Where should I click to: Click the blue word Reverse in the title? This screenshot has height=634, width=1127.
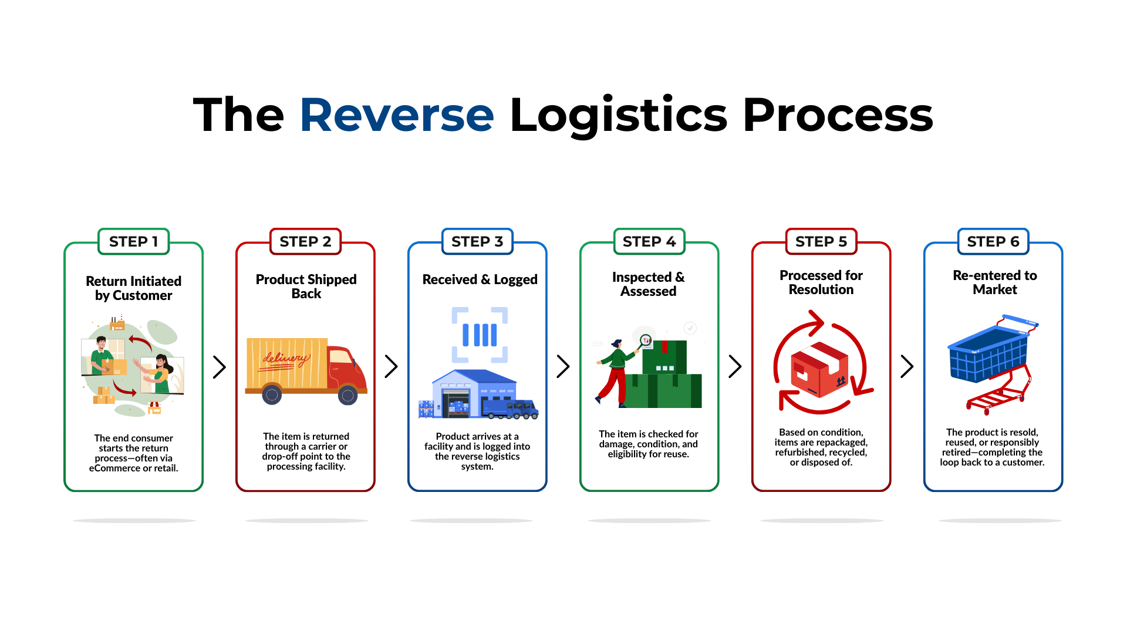pyautogui.click(x=397, y=115)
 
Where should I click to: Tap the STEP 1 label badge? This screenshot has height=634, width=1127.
pyautogui.click(x=134, y=241)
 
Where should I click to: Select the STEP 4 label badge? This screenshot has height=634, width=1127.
pyautogui.click(x=649, y=241)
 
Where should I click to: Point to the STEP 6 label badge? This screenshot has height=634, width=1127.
pyautogui.click(x=993, y=241)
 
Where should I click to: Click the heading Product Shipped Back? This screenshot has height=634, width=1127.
pyautogui.click(x=306, y=286)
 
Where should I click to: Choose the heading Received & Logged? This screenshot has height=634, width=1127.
pyautogui.click(x=480, y=279)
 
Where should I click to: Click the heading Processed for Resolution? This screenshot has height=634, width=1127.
pyautogui.click(x=821, y=282)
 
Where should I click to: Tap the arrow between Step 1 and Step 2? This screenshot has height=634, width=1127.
pyautogui.click(x=220, y=367)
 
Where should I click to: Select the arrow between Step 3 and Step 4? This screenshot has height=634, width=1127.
pyautogui.click(x=563, y=366)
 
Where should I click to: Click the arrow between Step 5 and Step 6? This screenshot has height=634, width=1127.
pyautogui.click(x=907, y=366)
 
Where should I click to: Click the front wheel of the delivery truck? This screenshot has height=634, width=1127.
pyautogui.click(x=347, y=396)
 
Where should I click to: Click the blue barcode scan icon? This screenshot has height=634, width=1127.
pyautogui.click(x=480, y=335)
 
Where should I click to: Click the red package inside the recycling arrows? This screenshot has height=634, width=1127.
pyautogui.click(x=819, y=370)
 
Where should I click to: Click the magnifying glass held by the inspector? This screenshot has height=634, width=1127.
pyautogui.click(x=645, y=340)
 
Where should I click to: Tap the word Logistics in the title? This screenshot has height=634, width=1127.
pyautogui.click(x=619, y=115)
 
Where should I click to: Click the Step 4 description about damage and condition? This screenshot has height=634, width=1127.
pyautogui.click(x=649, y=444)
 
